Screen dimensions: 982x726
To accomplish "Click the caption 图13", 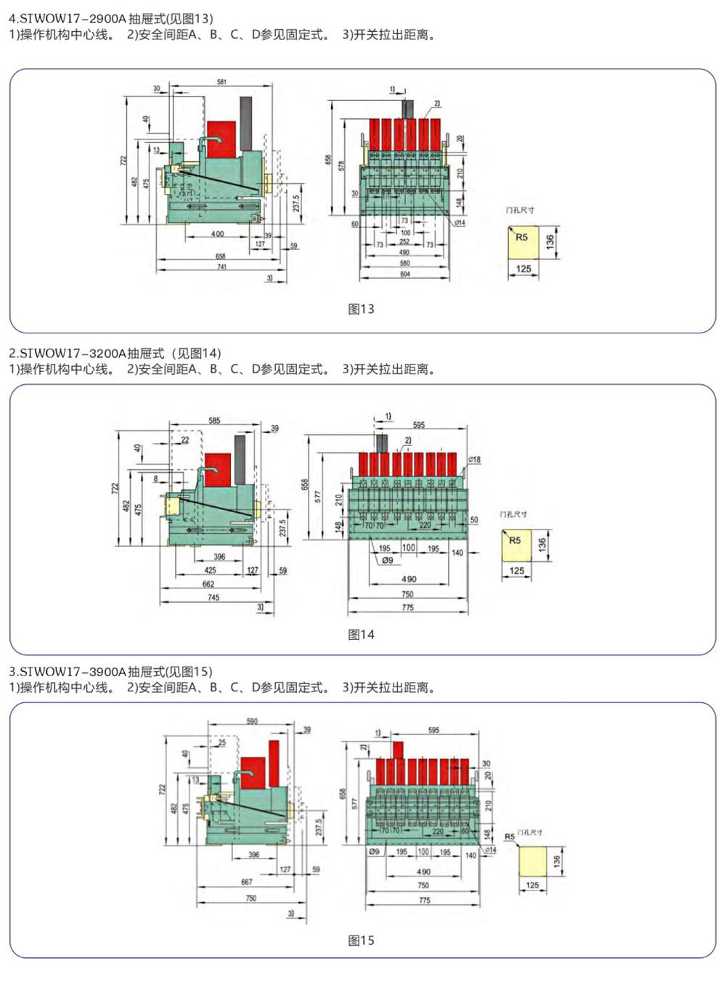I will pos(361,309).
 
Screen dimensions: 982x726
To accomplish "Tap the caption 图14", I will pos(361,634).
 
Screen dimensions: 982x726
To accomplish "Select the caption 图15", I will pos(361,941).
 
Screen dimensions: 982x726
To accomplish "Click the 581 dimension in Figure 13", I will pos(221,82).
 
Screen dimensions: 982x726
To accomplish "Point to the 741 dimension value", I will pos(221,267).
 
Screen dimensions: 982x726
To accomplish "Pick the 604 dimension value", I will pos(405,274).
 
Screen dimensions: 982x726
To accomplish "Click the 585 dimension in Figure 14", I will pos(214,421).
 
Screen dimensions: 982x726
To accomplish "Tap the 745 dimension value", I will pos(213,598).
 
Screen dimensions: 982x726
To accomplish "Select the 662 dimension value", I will pos(208,584).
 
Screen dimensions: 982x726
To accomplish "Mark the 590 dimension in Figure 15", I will pos(252,721).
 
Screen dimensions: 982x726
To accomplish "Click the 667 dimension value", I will pos(247,882).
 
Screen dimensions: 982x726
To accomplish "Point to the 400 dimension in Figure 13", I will pos(217,234).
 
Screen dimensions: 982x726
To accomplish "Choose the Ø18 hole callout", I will pos(474,460).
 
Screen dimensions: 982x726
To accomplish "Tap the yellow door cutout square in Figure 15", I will pos(532,861).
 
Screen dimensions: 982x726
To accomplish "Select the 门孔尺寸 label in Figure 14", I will pos(513,514).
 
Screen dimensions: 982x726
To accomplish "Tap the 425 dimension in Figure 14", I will pos(210,570).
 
